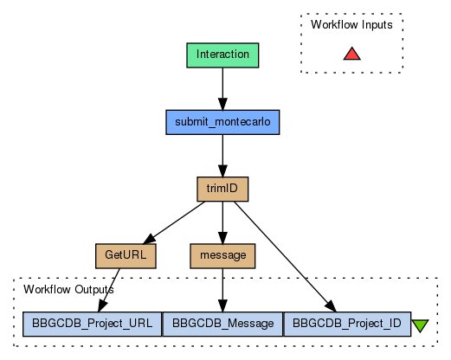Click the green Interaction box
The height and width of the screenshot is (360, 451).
[x=222, y=55]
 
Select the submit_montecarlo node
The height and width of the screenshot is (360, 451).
[x=222, y=122]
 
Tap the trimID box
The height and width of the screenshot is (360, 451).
[x=222, y=189]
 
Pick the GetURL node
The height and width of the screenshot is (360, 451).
[x=126, y=256]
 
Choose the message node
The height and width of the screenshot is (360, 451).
[x=222, y=256]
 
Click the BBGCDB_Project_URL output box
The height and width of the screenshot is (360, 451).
[x=92, y=324]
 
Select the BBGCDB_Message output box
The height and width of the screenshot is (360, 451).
[x=222, y=324]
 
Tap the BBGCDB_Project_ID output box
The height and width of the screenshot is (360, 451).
[x=347, y=324]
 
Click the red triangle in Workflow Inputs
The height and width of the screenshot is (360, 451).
[x=352, y=54]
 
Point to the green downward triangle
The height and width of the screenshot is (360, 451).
[x=420, y=325]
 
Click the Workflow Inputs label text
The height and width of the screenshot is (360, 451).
[x=351, y=25]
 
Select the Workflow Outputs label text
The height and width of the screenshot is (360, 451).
[x=68, y=289]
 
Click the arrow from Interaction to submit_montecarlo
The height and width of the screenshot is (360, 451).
[x=222, y=89]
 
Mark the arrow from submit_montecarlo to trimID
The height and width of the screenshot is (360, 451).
[x=222, y=156]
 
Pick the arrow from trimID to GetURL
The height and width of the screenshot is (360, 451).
[x=174, y=222]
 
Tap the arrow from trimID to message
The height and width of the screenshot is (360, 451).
[x=222, y=222]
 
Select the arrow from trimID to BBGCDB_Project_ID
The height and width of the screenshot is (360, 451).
[x=286, y=257]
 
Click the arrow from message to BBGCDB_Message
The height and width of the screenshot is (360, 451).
[x=222, y=290]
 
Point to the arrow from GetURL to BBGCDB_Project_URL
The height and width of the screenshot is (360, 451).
[x=109, y=290]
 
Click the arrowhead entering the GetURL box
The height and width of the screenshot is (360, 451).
[x=149, y=240]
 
